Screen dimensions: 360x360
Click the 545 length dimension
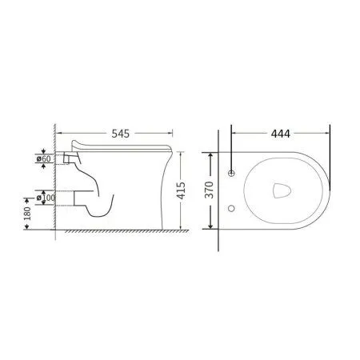coord(121,134)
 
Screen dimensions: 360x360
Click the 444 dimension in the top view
coord(281,134)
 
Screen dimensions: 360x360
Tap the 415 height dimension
coord(181,190)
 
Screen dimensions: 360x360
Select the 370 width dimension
coord(210,190)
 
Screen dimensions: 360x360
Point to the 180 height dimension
coord(27,214)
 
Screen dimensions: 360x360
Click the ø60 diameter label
coord(43,159)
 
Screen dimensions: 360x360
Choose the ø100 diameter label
coord(46,198)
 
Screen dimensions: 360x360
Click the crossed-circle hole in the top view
coord(231,173)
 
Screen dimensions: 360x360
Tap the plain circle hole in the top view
coord(231,208)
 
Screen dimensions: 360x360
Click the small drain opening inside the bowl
coord(282,190)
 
